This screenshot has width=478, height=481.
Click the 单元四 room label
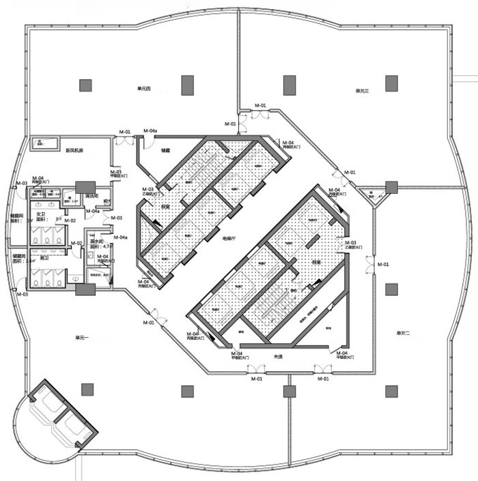143,89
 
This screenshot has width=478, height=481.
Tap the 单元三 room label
362,91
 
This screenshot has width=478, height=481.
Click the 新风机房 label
74,150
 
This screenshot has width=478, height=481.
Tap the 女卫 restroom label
42,214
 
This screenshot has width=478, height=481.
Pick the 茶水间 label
97,241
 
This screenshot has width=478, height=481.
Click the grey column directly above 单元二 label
391,289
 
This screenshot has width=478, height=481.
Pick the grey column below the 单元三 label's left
287,85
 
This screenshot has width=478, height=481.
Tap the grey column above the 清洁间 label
86,187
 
